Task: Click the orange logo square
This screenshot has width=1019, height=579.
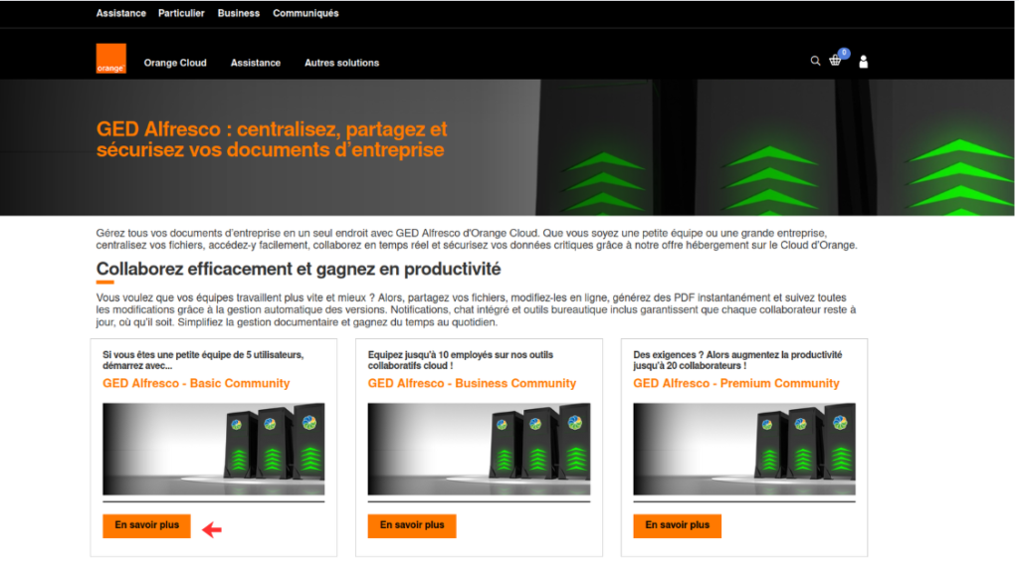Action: tap(111, 59)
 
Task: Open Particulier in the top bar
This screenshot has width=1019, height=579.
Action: tap(181, 13)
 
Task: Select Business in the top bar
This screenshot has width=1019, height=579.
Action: tap(239, 13)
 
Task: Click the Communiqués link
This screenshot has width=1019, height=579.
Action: tap(306, 13)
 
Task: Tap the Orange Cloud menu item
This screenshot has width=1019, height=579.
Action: tap(175, 63)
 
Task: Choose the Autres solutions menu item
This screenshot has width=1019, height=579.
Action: tap(342, 63)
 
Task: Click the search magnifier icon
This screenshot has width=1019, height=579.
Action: tap(815, 61)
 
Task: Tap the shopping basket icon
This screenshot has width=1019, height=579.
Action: tap(835, 61)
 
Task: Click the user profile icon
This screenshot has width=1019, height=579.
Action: tap(863, 62)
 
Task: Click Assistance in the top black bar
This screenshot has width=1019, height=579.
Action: tap(120, 13)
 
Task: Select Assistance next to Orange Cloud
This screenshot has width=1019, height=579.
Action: tap(256, 63)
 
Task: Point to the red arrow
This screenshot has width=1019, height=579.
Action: tap(212, 529)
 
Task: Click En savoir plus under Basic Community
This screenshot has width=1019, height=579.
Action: tap(147, 525)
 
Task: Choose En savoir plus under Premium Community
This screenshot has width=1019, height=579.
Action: tap(677, 525)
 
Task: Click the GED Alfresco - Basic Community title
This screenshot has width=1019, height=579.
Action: tap(196, 383)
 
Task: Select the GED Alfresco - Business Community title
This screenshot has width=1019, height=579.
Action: tap(472, 383)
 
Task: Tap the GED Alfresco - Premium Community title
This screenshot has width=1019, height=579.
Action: tap(736, 383)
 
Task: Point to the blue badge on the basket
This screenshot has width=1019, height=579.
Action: tap(844, 53)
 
